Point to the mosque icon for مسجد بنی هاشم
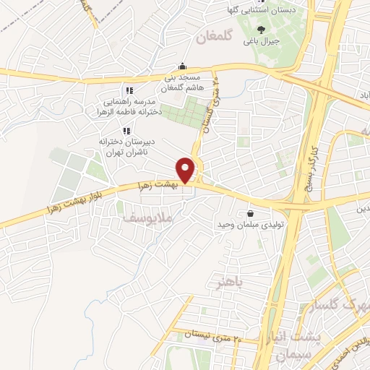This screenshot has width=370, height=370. point(184,66)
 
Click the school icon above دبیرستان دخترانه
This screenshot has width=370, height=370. point(126,131)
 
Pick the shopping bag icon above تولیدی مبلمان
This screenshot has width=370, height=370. point(250,214)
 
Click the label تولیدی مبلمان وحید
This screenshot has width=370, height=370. point(248,226)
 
